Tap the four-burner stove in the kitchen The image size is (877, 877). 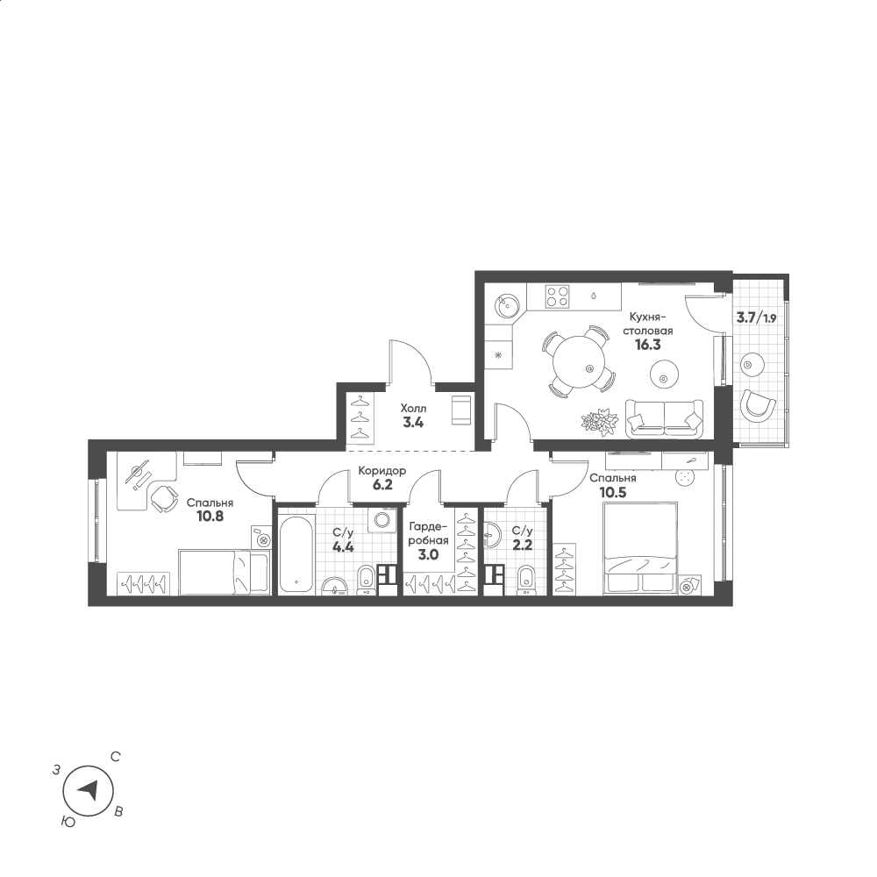click(x=558, y=296)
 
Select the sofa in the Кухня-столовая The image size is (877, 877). click(x=665, y=417)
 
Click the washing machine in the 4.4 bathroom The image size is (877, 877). click(x=382, y=520)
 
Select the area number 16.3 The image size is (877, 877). click(x=647, y=345)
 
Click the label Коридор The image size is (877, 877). click(x=382, y=471)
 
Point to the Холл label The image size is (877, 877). click(x=413, y=409)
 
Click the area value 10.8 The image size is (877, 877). click(x=210, y=517)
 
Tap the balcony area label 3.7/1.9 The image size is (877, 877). click(x=756, y=318)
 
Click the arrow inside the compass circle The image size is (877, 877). click(x=87, y=790)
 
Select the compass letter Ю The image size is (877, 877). click(x=68, y=822)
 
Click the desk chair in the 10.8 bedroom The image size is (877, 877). click(x=162, y=497)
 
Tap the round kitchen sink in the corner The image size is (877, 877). click(x=507, y=305)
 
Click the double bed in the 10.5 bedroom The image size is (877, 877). click(x=640, y=548)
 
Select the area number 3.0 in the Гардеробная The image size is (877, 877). click(x=428, y=555)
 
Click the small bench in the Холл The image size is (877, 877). click(x=461, y=410)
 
